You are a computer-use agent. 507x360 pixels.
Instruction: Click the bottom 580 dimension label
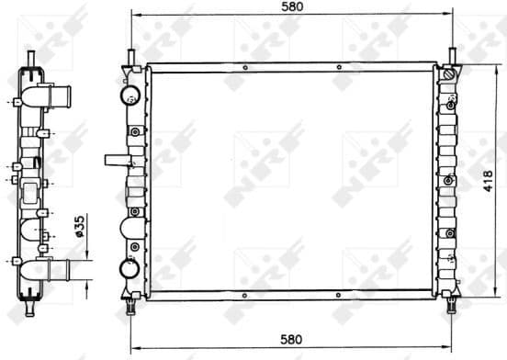coord(292,339)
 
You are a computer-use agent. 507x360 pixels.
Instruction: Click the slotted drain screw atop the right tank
coord(448,74)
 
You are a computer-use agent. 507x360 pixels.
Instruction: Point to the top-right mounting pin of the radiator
coord(453,54)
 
